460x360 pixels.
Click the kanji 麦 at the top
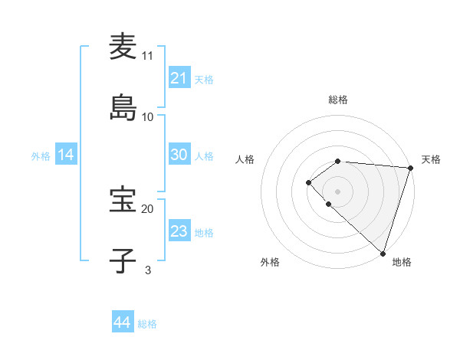(x=123, y=47)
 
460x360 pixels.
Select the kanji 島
(x=123, y=108)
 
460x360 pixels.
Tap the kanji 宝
(x=123, y=200)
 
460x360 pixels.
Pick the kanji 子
(x=123, y=261)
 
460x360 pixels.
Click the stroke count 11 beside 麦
(x=148, y=55)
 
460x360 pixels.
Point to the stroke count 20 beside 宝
(x=148, y=208)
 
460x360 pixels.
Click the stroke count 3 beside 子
(x=148, y=270)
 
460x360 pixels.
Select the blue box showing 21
(x=179, y=78)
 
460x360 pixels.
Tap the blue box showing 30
(x=179, y=155)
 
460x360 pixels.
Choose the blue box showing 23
(x=179, y=231)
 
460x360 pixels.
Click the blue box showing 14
(x=66, y=155)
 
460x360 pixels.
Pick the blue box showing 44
(x=122, y=323)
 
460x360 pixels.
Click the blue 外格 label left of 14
(x=41, y=156)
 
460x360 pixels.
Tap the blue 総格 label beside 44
(x=147, y=324)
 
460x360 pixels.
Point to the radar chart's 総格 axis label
(x=338, y=100)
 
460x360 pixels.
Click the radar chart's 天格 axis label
(x=431, y=159)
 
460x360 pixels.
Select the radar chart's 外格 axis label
(x=270, y=262)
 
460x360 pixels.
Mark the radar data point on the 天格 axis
(x=410, y=168)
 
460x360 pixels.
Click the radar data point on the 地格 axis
(x=383, y=253)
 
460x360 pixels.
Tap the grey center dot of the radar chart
(x=338, y=191)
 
